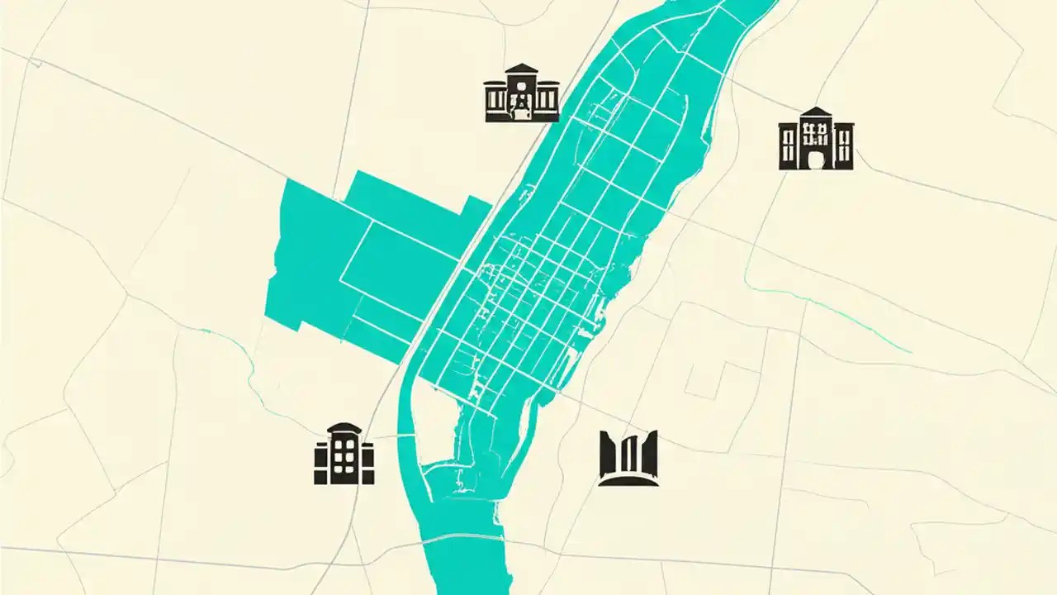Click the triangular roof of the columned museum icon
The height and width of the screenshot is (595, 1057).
[521, 70]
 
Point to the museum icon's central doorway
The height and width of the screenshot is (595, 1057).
[521, 102]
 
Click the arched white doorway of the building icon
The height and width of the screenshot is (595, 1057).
[816, 158]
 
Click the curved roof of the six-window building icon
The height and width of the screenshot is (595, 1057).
[344, 428]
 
